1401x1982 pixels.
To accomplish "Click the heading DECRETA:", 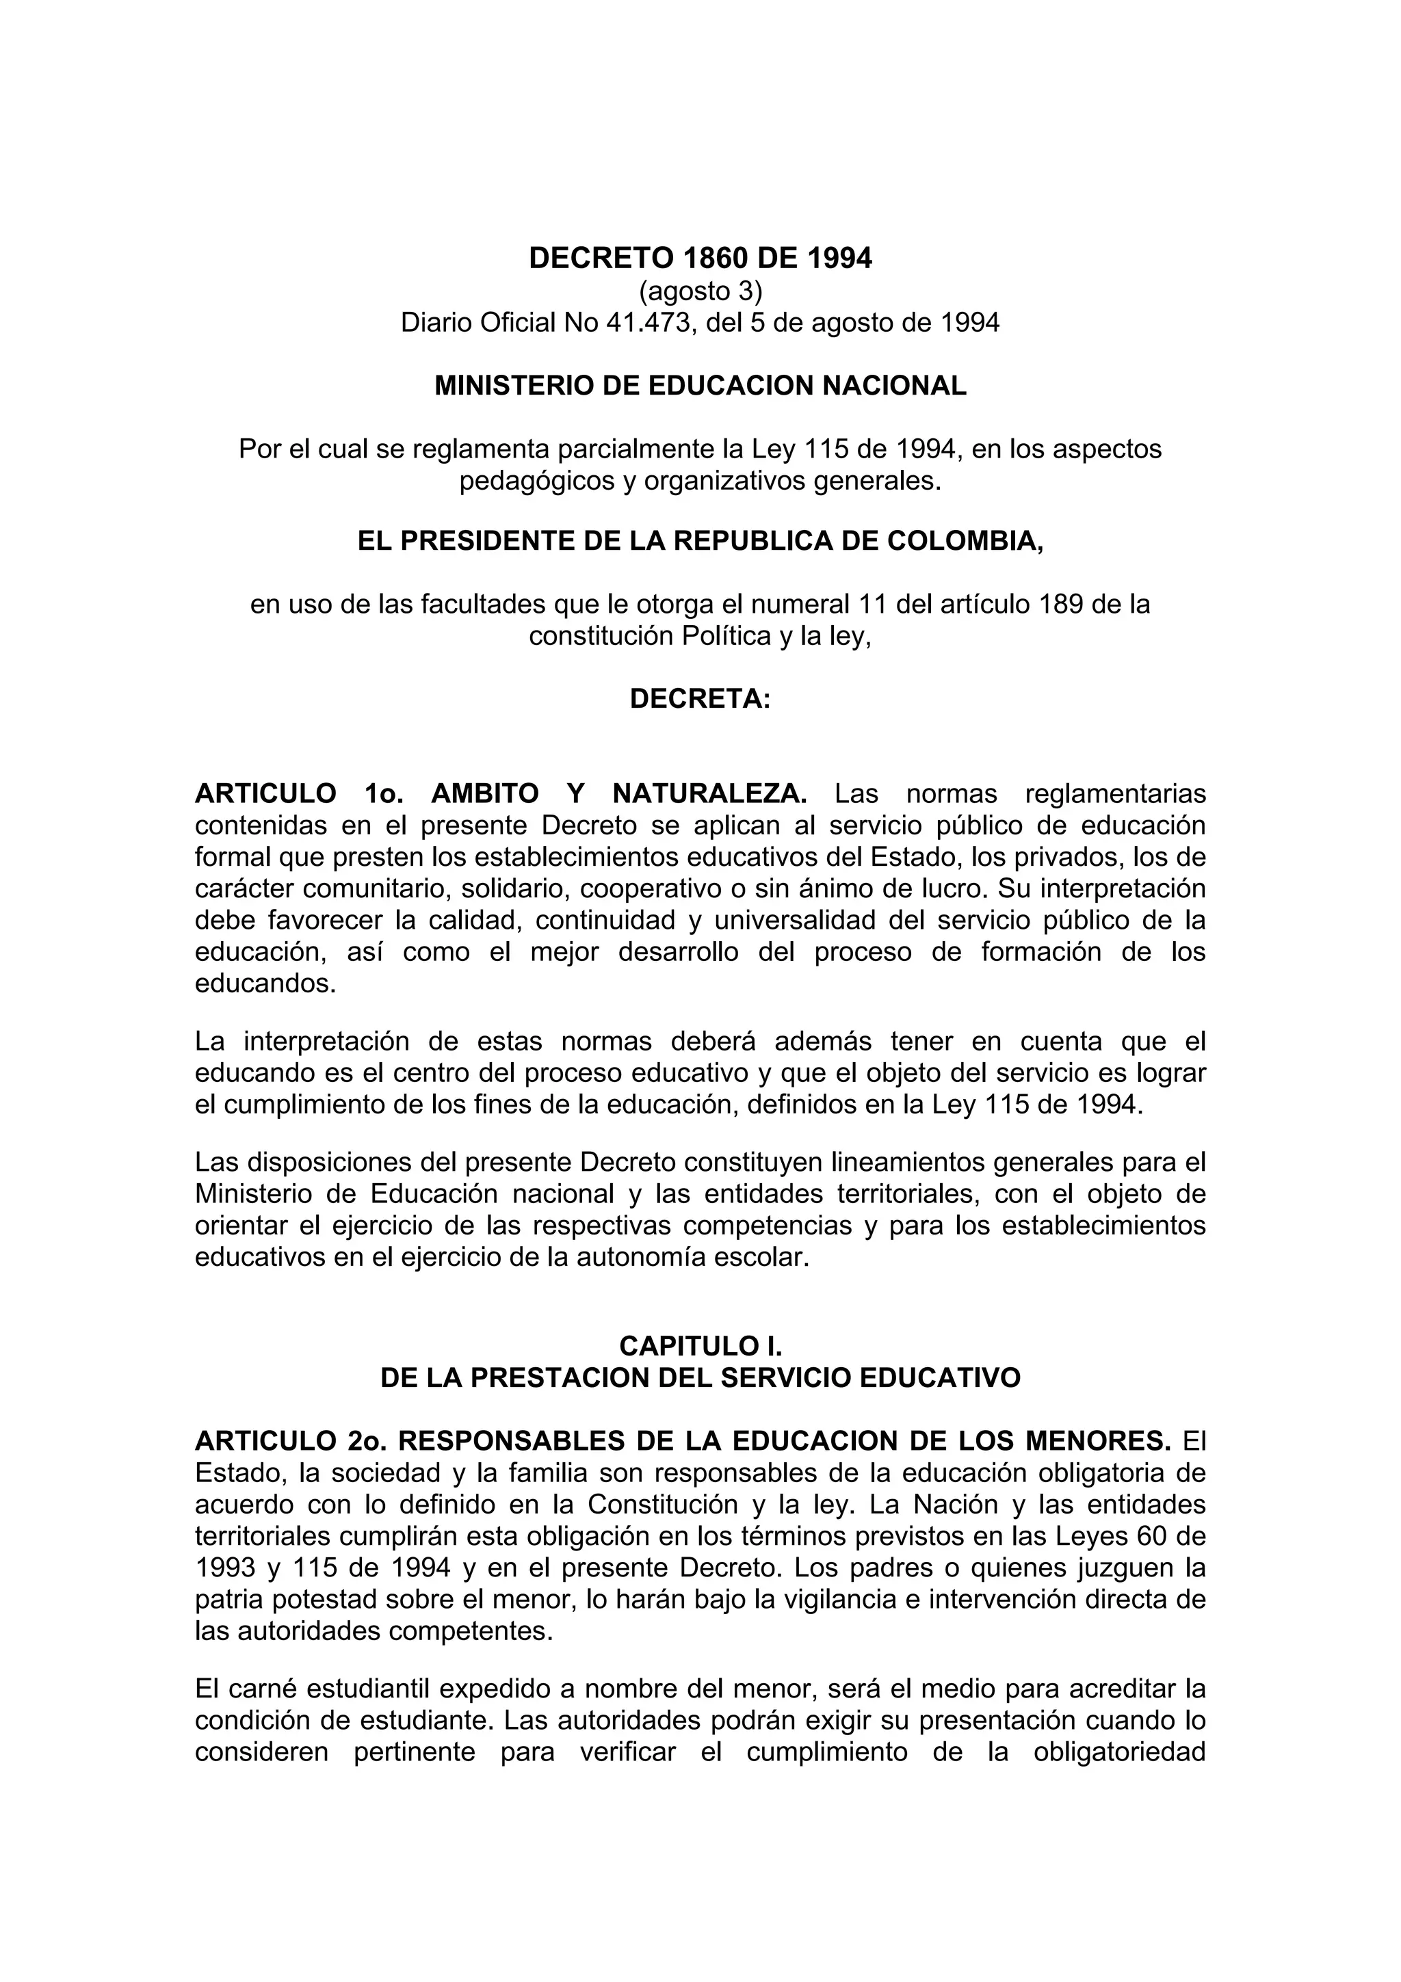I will pyautogui.click(x=700, y=698).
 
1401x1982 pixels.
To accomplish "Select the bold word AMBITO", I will pyautogui.click(x=485, y=793).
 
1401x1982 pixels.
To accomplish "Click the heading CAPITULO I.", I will pyautogui.click(x=700, y=1346).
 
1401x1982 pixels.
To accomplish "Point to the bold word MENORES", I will pyautogui.click(x=1087, y=1441).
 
